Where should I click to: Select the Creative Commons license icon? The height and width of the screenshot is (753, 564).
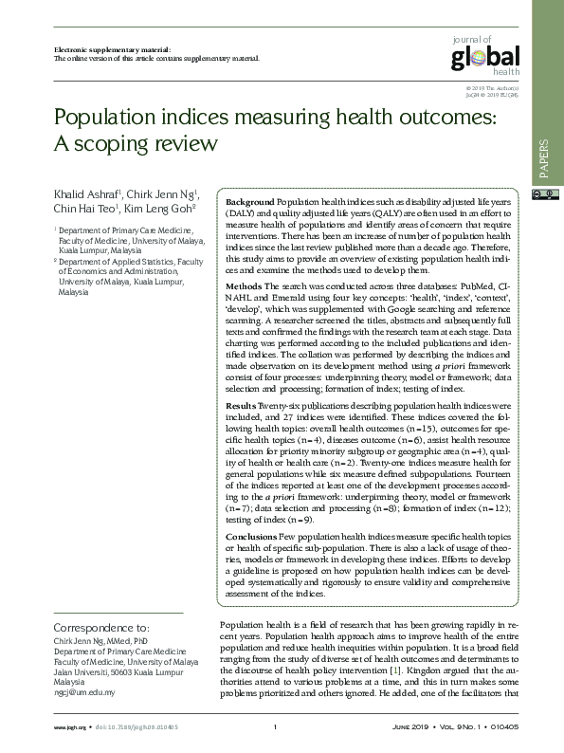[544, 195]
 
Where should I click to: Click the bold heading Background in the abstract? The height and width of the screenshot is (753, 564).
[250, 203]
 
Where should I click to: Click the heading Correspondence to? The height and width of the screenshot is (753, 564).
[100, 628]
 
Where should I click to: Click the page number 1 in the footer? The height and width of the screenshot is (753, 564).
[274, 726]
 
